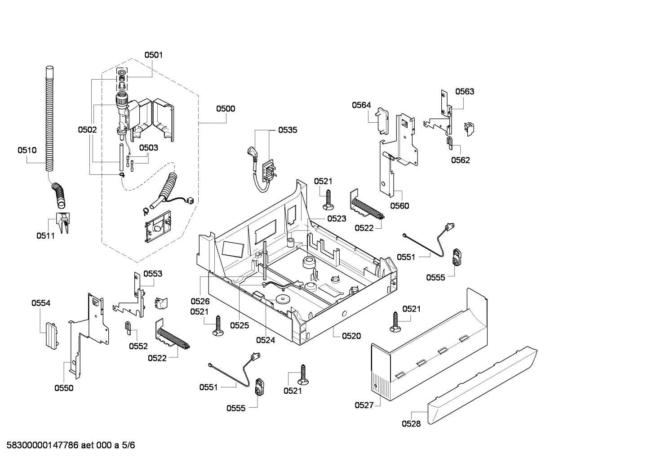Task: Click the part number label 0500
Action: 225,108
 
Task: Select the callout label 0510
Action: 27,150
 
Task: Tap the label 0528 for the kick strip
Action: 411,423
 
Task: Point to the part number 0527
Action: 364,405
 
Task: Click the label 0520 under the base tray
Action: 351,336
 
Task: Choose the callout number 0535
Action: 287,130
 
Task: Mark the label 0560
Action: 399,206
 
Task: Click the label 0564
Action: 361,105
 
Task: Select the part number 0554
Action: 41,303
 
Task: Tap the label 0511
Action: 45,236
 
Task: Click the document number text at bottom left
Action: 68,445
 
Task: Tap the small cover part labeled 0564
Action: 382,120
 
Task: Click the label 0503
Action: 148,147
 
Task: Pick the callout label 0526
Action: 200,302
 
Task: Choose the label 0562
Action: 461,160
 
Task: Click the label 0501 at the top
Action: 153,55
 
